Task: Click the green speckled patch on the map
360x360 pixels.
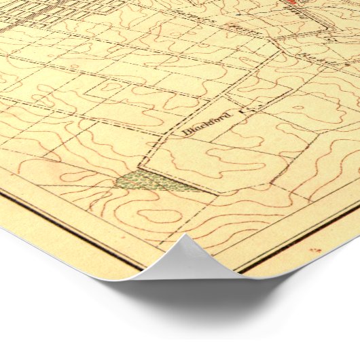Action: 153,181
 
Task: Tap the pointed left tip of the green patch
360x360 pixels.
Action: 117,183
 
